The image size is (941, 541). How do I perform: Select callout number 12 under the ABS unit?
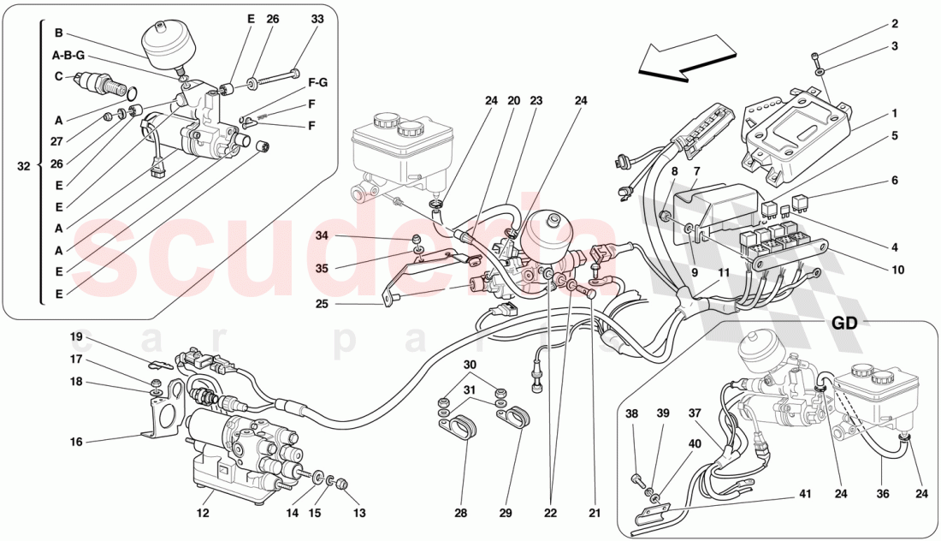[203, 513]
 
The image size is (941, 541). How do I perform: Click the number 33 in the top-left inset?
[293, 19]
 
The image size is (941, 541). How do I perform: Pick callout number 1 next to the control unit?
[895, 112]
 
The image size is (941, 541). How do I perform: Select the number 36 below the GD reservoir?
[881, 492]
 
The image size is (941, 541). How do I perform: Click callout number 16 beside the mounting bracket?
[77, 442]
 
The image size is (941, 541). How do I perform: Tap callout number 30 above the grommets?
[469, 365]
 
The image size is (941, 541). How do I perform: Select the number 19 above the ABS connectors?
[77, 337]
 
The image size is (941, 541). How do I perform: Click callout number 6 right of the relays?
[895, 181]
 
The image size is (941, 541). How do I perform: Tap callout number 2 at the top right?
[895, 24]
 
